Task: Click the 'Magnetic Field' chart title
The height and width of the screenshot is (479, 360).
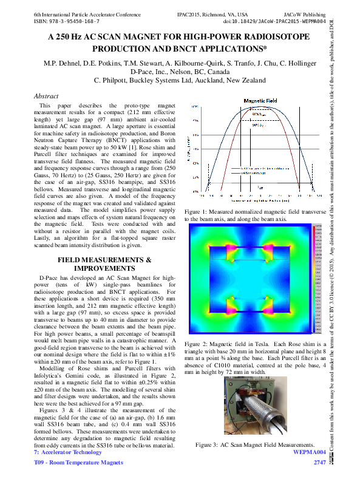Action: coord(260,100)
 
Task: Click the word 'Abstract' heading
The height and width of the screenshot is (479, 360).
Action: coord(46,96)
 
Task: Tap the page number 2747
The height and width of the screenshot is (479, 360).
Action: coord(320,463)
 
